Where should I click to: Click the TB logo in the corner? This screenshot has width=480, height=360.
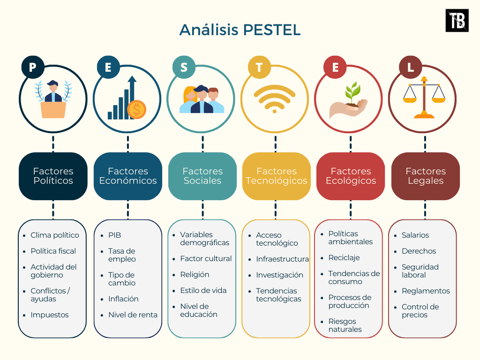[x=457, y=21]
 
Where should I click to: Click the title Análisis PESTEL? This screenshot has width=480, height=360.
[x=240, y=30]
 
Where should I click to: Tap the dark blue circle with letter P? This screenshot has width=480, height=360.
[x=32, y=67]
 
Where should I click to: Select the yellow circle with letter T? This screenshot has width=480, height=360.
[x=259, y=67]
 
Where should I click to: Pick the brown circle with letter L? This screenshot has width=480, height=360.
[x=411, y=67]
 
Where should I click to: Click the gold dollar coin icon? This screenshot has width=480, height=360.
[x=136, y=110]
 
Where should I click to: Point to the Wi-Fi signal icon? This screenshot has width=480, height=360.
[x=275, y=98]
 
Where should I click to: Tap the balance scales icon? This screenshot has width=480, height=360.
[x=425, y=97]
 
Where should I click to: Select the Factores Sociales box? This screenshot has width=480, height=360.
[x=202, y=176]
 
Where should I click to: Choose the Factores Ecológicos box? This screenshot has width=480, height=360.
[x=351, y=176]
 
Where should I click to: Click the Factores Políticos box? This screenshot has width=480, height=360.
[x=53, y=176]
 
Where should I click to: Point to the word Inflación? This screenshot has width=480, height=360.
[x=123, y=299]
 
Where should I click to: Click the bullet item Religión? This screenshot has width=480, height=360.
[x=195, y=274]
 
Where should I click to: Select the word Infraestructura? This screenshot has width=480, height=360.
[x=282, y=259]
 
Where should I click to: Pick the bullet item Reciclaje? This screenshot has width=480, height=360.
[x=344, y=257]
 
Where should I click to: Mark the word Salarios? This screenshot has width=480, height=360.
[x=415, y=235]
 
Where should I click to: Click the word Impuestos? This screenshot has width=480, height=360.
[x=49, y=315]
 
